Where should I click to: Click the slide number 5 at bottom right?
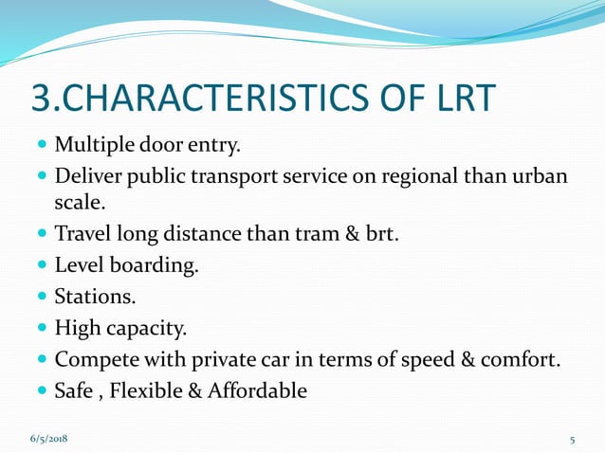[x=573, y=440]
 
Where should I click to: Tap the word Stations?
[x=95, y=297]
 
